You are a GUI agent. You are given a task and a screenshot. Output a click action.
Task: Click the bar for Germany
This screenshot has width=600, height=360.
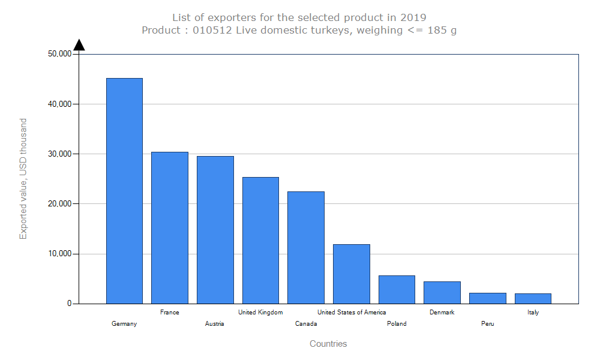pos(124,191)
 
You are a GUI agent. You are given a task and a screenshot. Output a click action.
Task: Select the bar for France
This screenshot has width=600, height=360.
pos(170,228)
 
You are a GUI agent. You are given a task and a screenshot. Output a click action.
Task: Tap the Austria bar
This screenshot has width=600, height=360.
pos(215,230)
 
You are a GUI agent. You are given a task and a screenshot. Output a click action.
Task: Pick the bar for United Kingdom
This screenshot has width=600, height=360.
pos(260,240)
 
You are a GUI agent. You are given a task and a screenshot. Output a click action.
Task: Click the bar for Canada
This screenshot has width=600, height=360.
pos(306,247)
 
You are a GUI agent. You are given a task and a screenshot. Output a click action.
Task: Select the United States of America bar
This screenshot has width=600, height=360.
pos(352,274)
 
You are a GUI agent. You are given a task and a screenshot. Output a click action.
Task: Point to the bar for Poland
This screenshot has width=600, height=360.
pos(397,289)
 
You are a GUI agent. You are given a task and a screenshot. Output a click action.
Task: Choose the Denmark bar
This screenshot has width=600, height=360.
pos(442,292)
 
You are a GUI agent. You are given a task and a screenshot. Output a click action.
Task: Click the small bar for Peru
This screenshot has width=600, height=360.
pos(488,298)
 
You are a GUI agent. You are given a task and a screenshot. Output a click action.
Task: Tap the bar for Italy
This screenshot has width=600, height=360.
pos(533,298)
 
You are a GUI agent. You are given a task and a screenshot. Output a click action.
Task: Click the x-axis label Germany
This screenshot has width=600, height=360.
pos(124,324)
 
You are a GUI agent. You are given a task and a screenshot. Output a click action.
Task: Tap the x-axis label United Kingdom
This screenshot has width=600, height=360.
pos(260,312)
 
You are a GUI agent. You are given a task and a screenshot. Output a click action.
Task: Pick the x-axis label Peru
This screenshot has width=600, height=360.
pos(488,324)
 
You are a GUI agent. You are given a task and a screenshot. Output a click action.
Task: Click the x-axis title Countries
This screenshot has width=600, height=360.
pos(328,344)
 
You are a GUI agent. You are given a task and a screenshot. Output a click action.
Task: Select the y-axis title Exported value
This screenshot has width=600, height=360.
pos(23,178)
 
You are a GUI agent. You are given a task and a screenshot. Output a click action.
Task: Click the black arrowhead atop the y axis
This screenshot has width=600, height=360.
pos(79,45)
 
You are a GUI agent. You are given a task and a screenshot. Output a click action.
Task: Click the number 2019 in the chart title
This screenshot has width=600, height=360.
pos(413,17)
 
